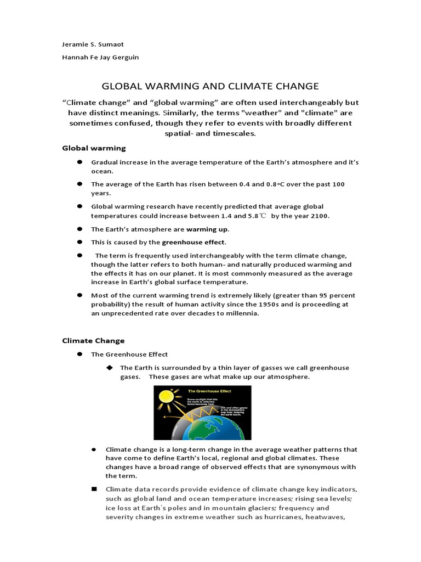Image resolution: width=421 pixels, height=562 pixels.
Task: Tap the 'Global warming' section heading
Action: point(94,148)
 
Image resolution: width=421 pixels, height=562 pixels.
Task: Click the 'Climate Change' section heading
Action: point(93,341)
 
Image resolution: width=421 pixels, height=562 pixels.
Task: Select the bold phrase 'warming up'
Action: point(208,229)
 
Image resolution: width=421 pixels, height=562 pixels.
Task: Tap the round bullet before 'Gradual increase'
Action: point(79,162)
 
